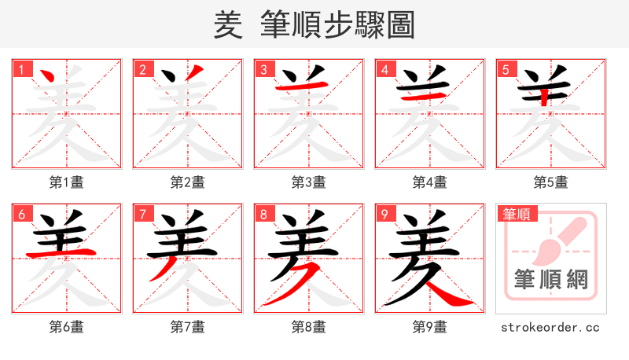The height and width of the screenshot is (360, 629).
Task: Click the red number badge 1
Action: (x=21, y=69)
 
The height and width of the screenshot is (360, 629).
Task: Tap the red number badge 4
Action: (x=384, y=69)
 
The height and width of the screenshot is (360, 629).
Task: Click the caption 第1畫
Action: (x=67, y=182)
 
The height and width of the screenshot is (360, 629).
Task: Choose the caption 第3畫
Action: (x=309, y=182)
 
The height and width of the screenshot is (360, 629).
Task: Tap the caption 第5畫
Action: (x=551, y=182)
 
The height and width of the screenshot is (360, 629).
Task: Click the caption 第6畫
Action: (x=67, y=327)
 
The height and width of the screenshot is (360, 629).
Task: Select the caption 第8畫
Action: (x=309, y=327)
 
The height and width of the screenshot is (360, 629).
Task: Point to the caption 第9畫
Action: (x=430, y=327)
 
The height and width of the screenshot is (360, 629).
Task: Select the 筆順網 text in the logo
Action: (x=551, y=280)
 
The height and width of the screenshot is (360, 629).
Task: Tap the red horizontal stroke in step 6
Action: (x=63, y=253)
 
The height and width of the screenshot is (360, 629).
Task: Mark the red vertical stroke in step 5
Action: (x=544, y=96)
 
